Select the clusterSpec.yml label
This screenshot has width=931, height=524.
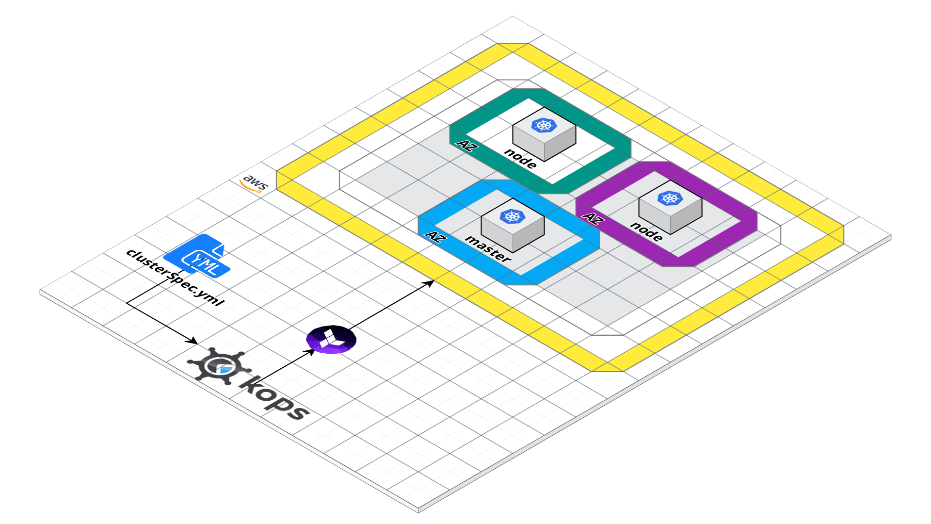tap(175, 277)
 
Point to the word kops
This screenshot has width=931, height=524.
tap(274, 398)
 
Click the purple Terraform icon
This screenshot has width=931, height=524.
tap(331, 339)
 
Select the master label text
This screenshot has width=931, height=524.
tap(488, 248)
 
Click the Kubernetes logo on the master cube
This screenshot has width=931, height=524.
tap(512, 216)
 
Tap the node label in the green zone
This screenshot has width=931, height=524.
tap(520, 158)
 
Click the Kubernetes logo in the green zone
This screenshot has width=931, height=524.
tap(544, 125)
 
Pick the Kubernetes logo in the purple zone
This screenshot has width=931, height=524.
tap(670, 198)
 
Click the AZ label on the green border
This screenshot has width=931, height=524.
tap(465, 145)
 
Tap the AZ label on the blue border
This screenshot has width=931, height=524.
tap(434, 237)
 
